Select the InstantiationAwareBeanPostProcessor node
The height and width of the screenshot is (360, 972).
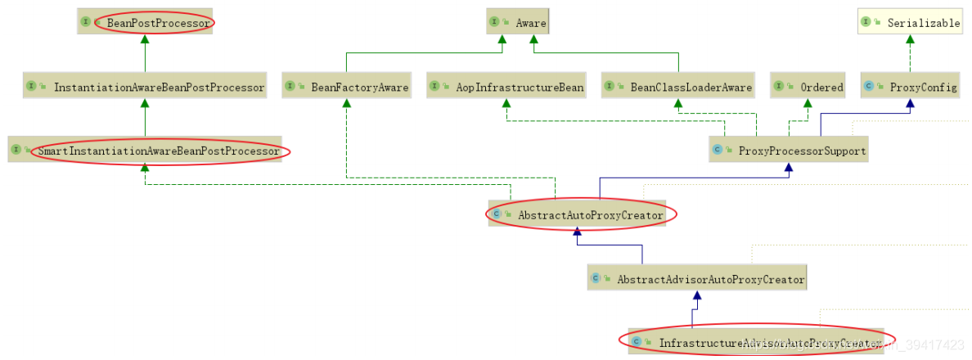point(145,86)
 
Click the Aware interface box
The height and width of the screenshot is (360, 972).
point(517,22)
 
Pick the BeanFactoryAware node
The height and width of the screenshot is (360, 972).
point(347,86)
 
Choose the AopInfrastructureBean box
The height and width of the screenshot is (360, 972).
point(507,86)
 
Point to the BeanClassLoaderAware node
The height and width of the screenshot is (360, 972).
point(678,86)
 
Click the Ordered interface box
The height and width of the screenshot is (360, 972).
point(808,86)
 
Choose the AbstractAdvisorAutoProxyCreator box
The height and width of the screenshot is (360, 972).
point(696,278)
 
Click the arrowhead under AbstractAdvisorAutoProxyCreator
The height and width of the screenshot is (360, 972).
point(696,298)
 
